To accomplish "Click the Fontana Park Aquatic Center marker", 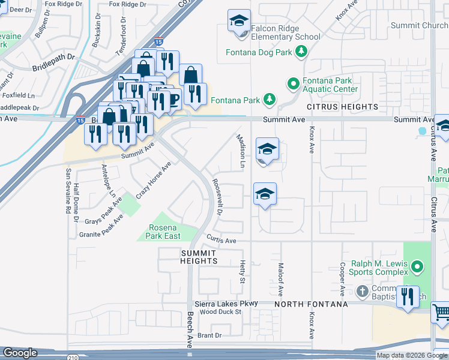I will point(294,84).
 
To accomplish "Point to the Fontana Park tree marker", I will point(270,98).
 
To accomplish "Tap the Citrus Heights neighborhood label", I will point(343,107).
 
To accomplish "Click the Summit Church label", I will point(419,25).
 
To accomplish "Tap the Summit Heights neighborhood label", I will point(199,257).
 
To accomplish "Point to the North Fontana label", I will point(311,304).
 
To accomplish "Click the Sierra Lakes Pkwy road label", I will point(225,304).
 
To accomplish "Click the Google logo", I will point(20,353).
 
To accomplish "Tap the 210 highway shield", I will point(73,358).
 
